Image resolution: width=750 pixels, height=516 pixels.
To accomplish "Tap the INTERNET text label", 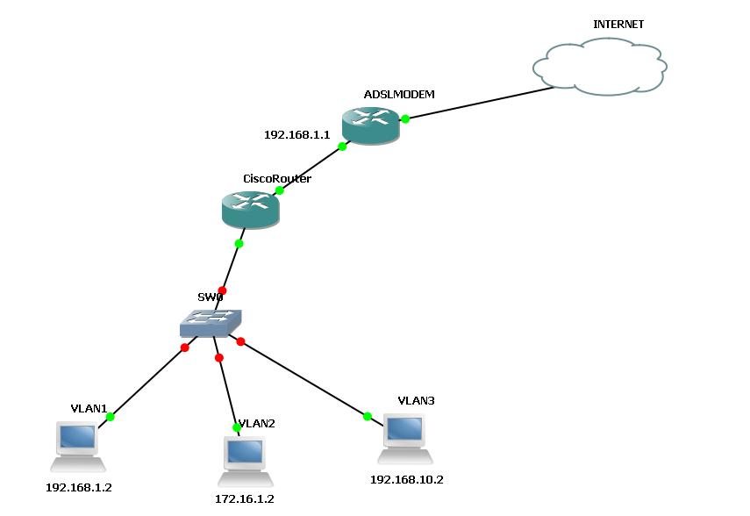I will point(618,25).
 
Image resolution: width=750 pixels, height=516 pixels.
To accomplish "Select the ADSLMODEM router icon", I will point(370,125).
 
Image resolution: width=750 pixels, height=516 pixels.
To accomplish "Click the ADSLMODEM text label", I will point(399,94).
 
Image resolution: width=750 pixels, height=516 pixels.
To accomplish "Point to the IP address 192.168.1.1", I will point(296,135).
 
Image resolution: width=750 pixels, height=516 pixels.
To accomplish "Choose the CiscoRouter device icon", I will point(250,209).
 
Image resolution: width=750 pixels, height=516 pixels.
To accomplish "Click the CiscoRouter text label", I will point(277,179).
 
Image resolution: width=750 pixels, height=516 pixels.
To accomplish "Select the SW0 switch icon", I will point(211,324).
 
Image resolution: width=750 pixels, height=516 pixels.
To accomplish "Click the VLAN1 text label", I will point(89,409).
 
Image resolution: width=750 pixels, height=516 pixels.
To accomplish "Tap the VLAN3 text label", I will point(416,400).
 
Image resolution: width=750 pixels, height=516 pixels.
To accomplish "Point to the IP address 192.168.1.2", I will point(79,487).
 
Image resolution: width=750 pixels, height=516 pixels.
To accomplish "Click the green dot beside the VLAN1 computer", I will point(110,417).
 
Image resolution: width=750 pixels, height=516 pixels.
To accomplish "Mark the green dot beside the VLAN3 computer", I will point(368,416).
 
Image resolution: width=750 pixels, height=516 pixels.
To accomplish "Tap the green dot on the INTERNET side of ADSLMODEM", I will point(405,119).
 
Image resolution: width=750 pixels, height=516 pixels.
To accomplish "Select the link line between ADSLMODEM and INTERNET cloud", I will point(474,103).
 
